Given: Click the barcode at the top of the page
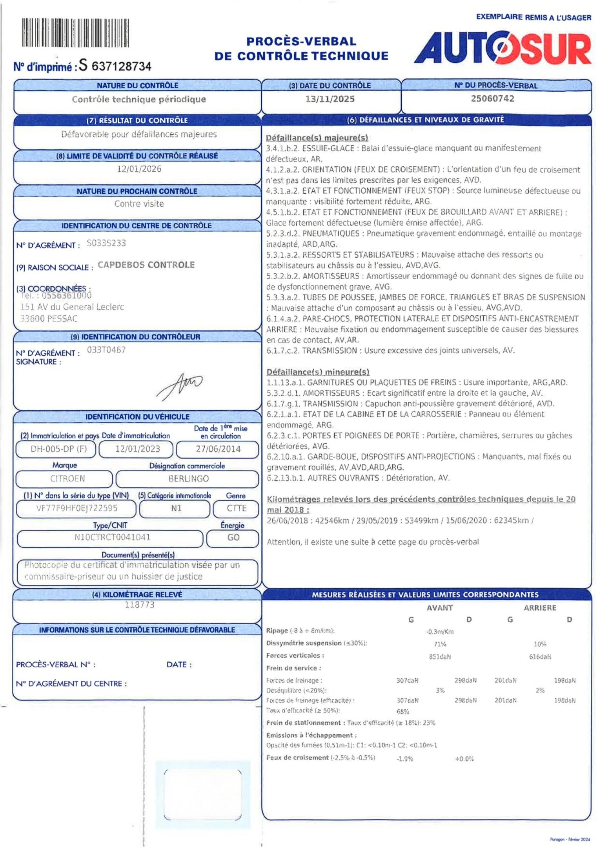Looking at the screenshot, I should point(75,33).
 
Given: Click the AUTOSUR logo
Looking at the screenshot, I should point(503,48).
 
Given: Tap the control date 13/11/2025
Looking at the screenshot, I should point(330,99).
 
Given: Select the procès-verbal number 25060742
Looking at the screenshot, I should point(493,99).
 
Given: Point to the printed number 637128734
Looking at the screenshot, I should point(121,66).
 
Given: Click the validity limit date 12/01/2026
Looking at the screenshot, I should point(139,169).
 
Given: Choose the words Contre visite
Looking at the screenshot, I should point(139,204).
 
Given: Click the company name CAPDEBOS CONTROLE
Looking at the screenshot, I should point(146,265).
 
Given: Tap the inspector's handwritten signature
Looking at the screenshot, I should point(180,385).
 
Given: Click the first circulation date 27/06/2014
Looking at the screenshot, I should point(218,449).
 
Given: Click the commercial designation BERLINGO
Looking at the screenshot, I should point(188,479).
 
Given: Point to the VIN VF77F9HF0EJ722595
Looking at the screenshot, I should point(76,508).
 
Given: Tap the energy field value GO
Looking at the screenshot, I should point(233,538).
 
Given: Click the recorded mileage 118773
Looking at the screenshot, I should point(140,605).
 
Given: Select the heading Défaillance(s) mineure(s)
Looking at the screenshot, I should point(318,372).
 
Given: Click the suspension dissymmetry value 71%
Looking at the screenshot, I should point(440,644).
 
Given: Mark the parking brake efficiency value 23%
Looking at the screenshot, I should point(429,723).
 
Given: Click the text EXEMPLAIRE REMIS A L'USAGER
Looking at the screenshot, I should point(533,17).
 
